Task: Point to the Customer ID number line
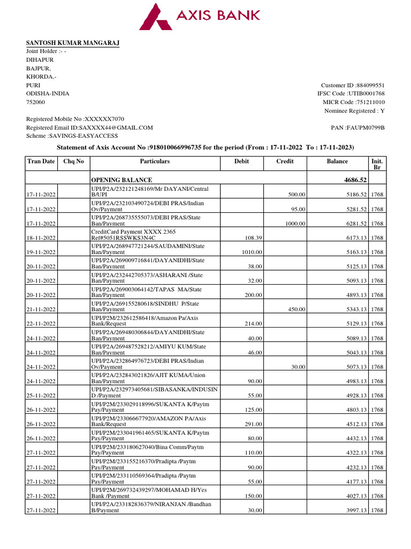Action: [x=352, y=85]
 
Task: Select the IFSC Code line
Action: [x=351, y=94]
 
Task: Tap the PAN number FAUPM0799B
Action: [x=358, y=128]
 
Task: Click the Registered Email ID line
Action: [x=89, y=128]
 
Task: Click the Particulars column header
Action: [x=155, y=161]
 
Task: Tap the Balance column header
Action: [x=337, y=161]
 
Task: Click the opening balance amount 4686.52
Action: [x=355, y=180]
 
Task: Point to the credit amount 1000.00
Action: [x=295, y=224]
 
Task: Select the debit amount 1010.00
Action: [x=252, y=252]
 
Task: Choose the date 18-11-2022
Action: [x=42, y=238]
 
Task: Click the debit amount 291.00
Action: [x=253, y=424]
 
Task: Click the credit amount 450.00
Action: [x=296, y=309]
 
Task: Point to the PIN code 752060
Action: [x=36, y=102]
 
